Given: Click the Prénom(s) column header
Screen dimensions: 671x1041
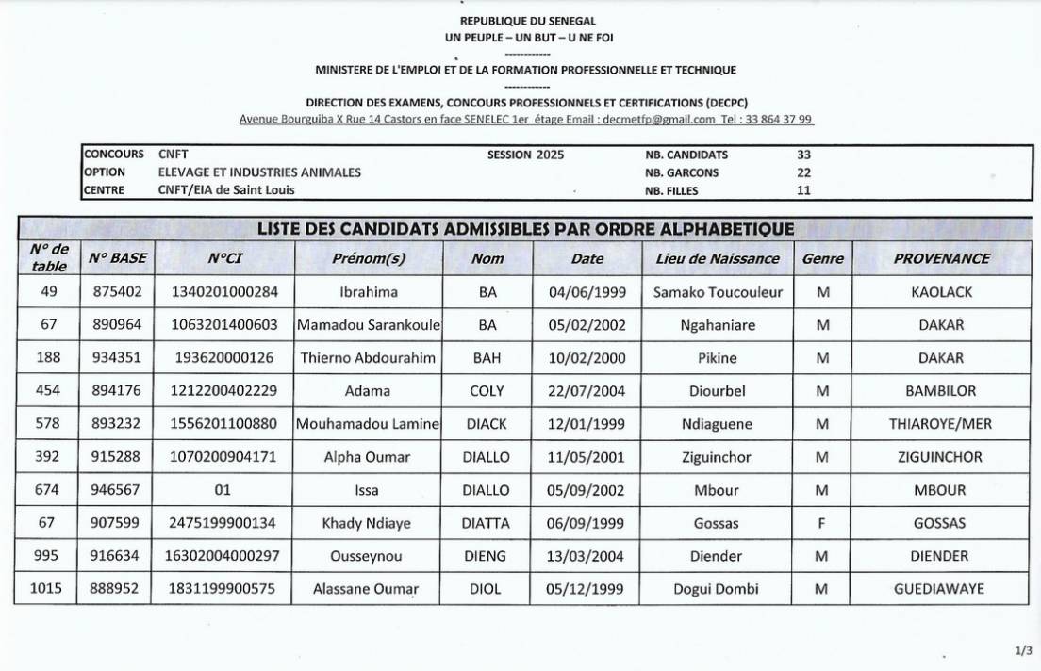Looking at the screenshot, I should click(x=369, y=258).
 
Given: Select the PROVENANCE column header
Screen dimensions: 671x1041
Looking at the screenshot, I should click(x=941, y=258).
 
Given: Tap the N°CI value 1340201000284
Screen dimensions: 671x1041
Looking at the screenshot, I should click(x=225, y=292).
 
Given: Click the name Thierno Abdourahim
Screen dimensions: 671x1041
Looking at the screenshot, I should click(x=368, y=358).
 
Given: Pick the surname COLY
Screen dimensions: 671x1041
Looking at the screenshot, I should click(x=487, y=391).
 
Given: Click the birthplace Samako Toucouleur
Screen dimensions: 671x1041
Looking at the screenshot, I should click(x=718, y=292).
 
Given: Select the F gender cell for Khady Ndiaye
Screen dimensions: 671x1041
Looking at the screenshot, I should click(x=822, y=523).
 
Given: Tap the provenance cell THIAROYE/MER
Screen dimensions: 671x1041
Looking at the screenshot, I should click(x=940, y=424).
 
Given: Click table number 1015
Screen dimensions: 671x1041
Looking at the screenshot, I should click(x=45, y=589).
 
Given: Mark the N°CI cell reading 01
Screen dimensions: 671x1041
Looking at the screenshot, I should click(x=224, y=490).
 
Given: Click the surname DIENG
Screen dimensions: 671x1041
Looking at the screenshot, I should click(x=487, y=556).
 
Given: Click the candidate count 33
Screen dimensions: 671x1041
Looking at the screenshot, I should click(x=803, y=155).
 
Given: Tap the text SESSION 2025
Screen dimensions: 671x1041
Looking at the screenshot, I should click(x=525, y=155).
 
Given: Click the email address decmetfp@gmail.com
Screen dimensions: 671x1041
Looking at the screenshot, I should click(x=658, y=120).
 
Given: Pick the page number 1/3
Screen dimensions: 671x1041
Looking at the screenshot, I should click(x=1023, y=650).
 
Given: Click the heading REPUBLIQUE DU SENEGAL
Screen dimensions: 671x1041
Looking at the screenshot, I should click(x=527, y=21).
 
